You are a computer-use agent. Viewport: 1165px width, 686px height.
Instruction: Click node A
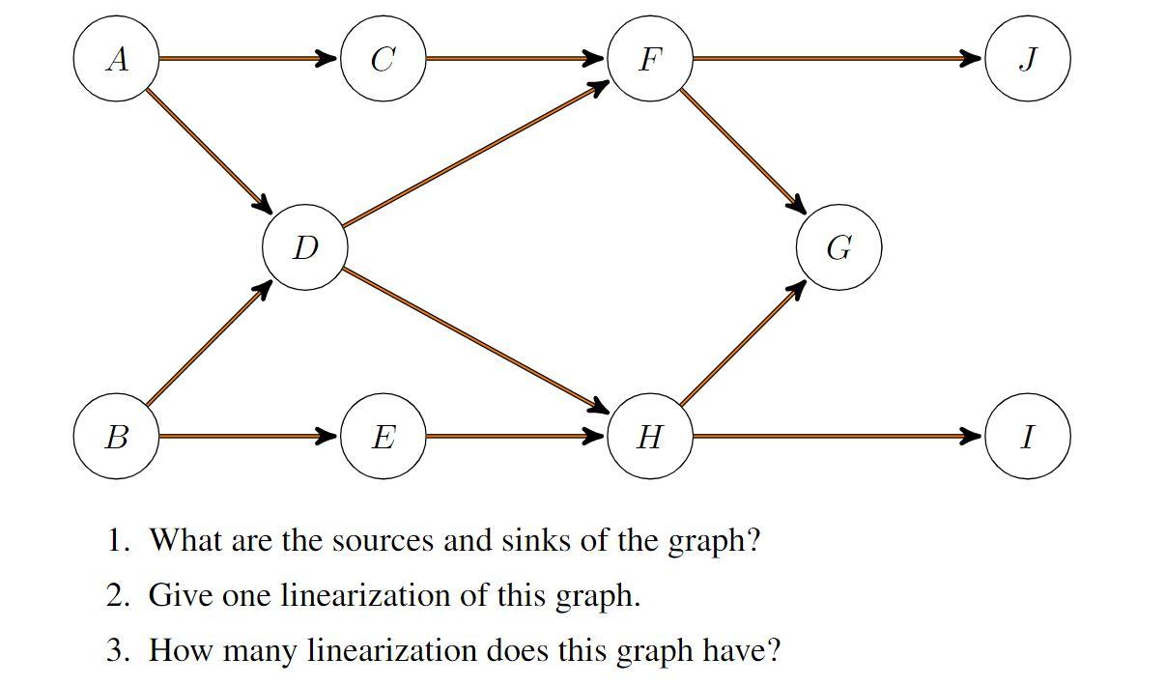click(x=116, y=59)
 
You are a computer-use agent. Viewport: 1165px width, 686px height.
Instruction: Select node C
click(x=383, y=59)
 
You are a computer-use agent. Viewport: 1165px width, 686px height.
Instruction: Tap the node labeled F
click(x=649, y=59)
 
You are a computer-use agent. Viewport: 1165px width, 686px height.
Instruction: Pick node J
click(x=1027, y=59)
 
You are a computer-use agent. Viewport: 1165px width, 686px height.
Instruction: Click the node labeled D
click(x=304, y=248)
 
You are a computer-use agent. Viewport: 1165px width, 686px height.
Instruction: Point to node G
click(x=838, y=248)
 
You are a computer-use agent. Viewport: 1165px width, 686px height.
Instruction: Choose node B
click(x=116, y=437)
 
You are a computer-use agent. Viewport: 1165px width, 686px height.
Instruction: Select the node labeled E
click(x=383, y=437)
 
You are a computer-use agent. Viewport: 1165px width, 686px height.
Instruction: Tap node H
click(x=649, y=437)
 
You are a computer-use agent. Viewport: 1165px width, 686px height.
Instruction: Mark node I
click(x=1027, y=437)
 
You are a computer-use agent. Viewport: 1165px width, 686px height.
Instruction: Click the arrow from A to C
click(x=246, y=59)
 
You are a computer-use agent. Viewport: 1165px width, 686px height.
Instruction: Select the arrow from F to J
click(x=836, y=59)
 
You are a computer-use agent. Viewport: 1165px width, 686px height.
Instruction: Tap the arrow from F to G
click(x=742, y=151)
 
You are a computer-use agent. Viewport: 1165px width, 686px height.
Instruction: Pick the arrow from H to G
click(x=742, y=344)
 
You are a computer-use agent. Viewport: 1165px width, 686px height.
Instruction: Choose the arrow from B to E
click(x=246, y=437)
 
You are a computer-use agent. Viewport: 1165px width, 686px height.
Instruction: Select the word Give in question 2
click(x=181, y=595)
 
